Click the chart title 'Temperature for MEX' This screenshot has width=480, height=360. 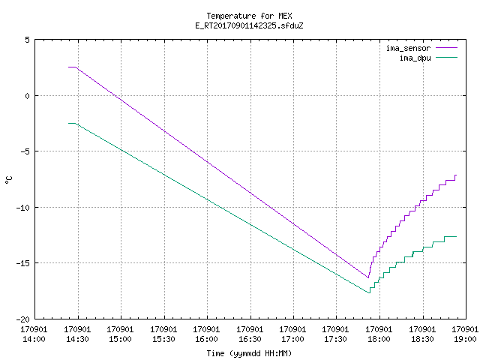tap(249, 16)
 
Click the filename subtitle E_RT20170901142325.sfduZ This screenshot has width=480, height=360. tap(249, 25)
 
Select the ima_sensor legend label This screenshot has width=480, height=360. tap(408, 48)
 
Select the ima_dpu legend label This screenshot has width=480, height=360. tap(415, 58)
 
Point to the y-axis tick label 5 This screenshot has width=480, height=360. tap(28, 40)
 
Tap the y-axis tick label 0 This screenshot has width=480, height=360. tap(28, 96)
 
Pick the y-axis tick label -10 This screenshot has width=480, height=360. tap(23, 208)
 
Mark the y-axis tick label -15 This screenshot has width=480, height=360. tap(23, 263)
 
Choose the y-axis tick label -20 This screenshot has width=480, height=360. tap(23, 319)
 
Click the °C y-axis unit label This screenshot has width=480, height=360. tap(8, 180)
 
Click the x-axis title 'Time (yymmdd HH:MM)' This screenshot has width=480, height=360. tap(249, 353)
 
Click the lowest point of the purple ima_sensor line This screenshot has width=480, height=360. tap(368, 277)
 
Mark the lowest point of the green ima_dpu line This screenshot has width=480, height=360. tap(369, 293)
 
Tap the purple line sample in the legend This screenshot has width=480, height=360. tap(446, 48)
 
